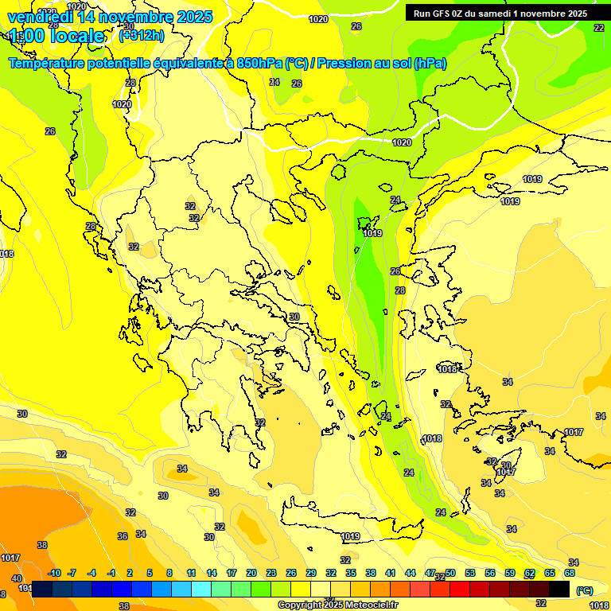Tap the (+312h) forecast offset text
[x=142, y=36]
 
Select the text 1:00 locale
[x=56, y=36]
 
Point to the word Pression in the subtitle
[x=344, y=64]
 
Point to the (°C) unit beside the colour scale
[x=584, y=590]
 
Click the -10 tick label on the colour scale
[x=54, y=573]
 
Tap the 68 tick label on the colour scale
[x=570, y=573]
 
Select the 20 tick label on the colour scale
[x=251, y=573]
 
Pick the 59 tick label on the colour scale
[x=510, y=573]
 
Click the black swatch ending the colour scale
[x=559, y=589]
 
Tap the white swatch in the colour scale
[x=321, y=589]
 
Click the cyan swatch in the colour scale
[x=201, y=589]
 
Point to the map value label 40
[x=16, y=566]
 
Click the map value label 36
[x=123, y=536]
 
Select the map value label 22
[x=598, y=27]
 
